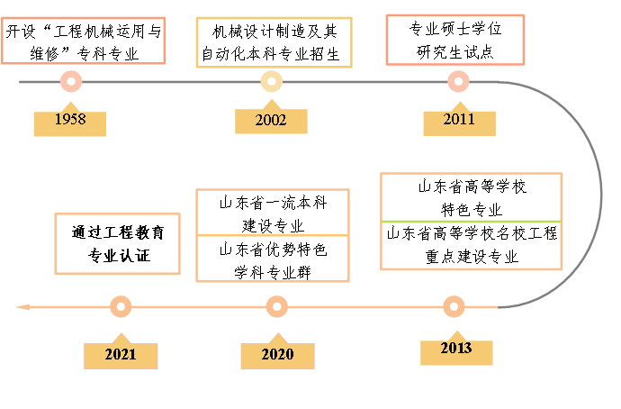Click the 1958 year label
pyautogui.click(x=69, y=120)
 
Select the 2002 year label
pyautogui.click(x=271, y=120)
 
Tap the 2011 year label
pyautogui.click(x=459, y=120)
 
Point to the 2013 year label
pyautogui.click(x=455, y=349)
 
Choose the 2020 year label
pyautogui.click(x=277, y=355)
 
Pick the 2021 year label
pyautogui.click(x=121, y=355)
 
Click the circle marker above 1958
pyautogui.click(x=70, y=82)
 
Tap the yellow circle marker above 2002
pyautogui.click(x=272, y=82)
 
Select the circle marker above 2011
pyautogui.click(x=458, y=82)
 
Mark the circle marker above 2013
pyautogui.click(x=454, y=306)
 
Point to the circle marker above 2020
pyautogui.click(x=277, y=306)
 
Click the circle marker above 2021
pyautogui.click(x=121, y=306)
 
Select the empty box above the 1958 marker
pyautogui.click(x=84, y=41)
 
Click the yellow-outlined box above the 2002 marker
pyautogui.click(x=274, y=42)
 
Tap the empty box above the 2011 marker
pyautogui.click(x=455, y=40)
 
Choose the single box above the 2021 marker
pyautogui.click(x=117, y=243)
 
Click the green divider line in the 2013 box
pyautogui.click(x=471, y=221)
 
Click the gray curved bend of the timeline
pyautogui.click(x=599, y=194)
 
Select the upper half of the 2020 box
pyautogui.click(x=273, y=213)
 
